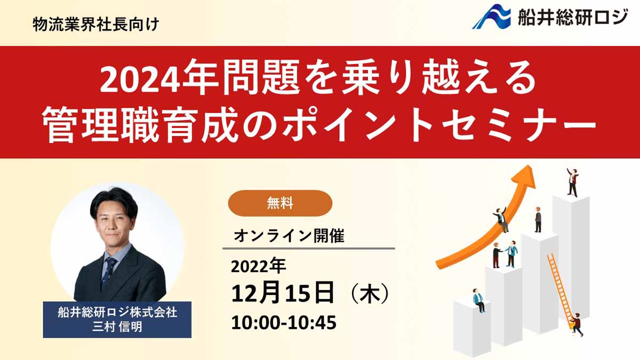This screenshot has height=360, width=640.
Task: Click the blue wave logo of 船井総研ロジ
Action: tap(491, 17)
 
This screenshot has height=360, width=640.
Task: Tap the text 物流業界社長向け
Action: tap(95, 25)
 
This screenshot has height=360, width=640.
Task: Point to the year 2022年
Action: tap(258, 267)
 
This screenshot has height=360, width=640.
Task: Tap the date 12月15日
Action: tap(283, 293)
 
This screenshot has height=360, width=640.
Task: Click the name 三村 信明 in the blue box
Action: tap(117, 327)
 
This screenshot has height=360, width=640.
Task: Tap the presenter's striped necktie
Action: tap(109, 273)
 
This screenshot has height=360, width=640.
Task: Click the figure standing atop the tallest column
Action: tap(573, 182)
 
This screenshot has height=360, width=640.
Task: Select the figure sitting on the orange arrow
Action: tap(501, 219)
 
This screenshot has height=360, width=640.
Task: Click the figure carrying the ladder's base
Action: tap(577, 325)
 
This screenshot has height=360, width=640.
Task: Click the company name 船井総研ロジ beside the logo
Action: tap(573, 17)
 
